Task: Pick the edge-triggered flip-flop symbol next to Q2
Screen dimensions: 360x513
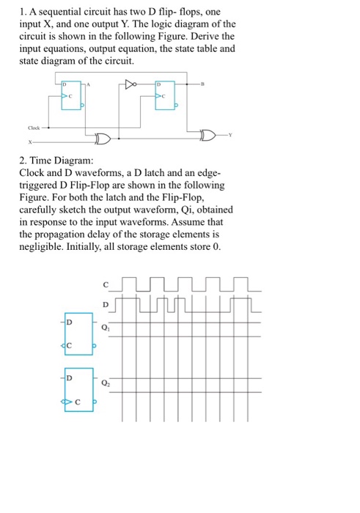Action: coord(78,389)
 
